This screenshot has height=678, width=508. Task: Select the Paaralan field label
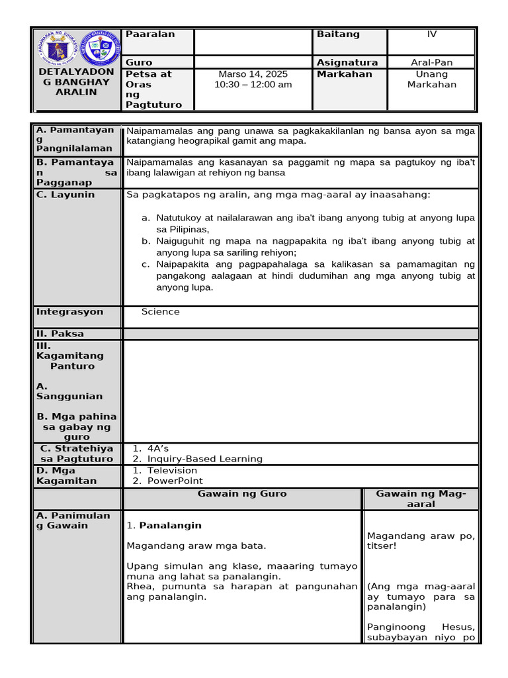pos(150,34)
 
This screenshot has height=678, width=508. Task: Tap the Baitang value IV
pos(432,34)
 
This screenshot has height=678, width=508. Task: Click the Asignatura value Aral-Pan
pos(432,62)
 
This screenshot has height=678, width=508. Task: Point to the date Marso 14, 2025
pos(253,74)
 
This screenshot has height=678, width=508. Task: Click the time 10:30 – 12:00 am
pos(253,85)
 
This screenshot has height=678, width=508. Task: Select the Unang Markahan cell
pos(432,79)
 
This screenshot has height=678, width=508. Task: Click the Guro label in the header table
pos(139,62)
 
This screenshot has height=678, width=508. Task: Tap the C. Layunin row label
pos(65,195)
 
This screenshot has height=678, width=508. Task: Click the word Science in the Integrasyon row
pos(160,312)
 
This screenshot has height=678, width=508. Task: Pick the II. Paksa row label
pos(60,334)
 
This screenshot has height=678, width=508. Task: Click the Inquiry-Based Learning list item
pos(204,459)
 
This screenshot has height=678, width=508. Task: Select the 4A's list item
pos(158,449)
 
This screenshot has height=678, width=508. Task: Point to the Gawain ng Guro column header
pos(242,494)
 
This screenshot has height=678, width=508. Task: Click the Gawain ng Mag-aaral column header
pos(421,499)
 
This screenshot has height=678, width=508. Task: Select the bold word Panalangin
pos(170,526)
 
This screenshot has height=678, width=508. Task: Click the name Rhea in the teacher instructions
pos(138,587)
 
